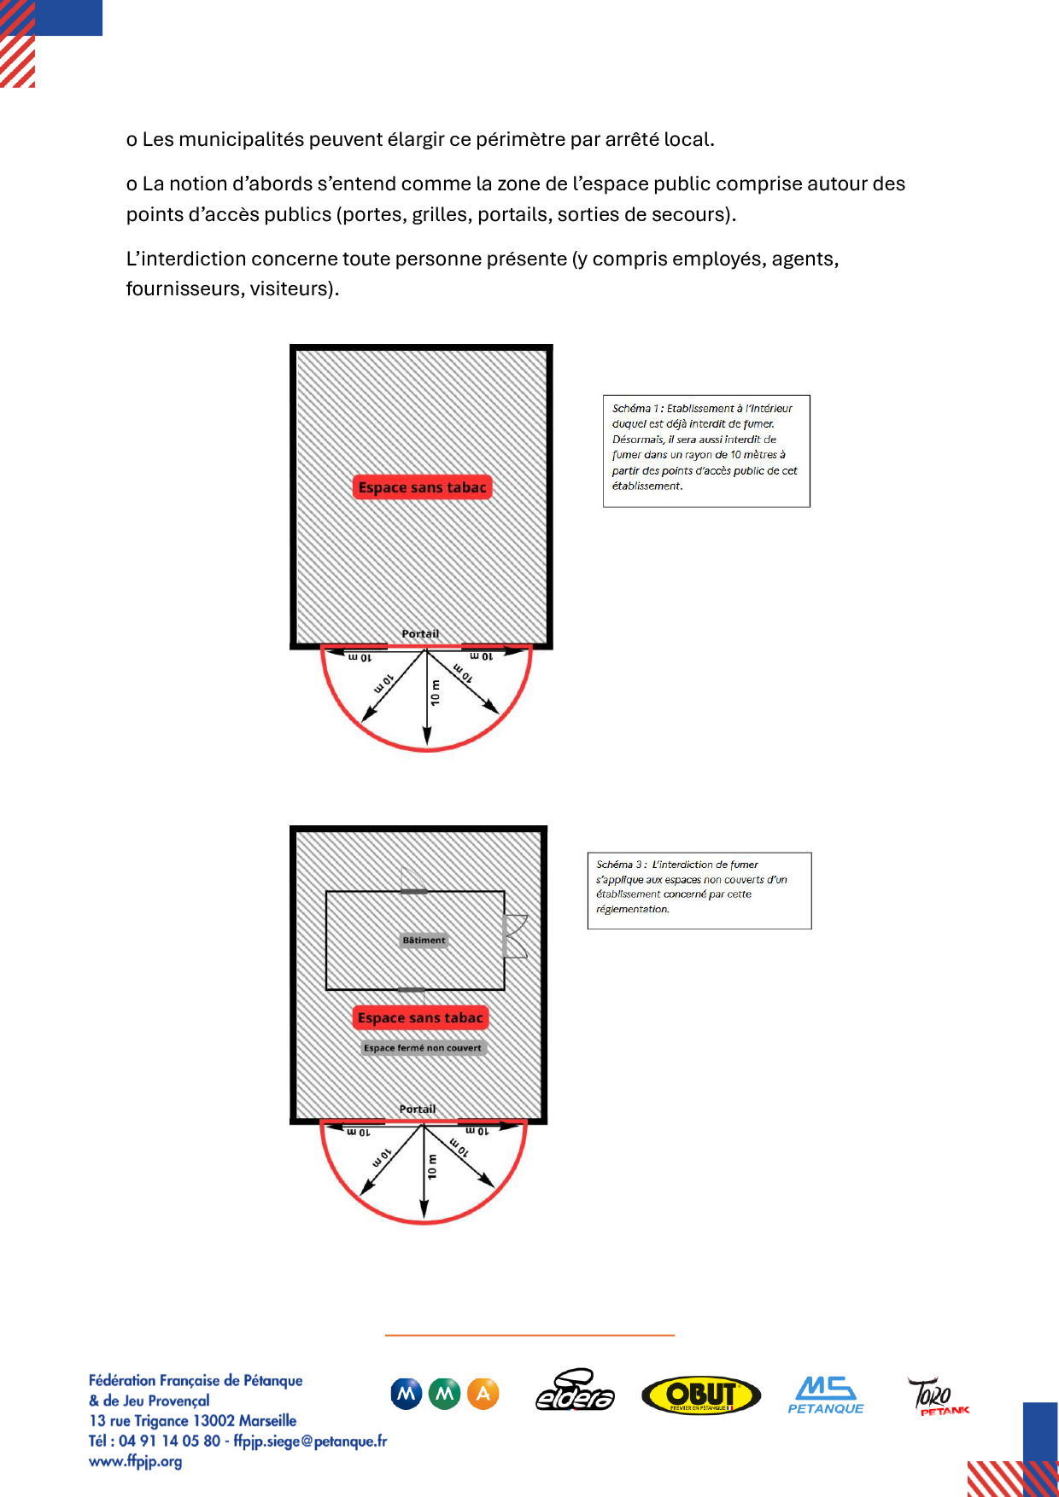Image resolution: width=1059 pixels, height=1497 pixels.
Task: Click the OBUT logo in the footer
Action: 700,1395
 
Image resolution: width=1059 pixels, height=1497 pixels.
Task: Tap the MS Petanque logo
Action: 825,1395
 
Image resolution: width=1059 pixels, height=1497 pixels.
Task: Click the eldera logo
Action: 575,1391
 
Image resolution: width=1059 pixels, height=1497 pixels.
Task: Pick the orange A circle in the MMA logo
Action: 483,1394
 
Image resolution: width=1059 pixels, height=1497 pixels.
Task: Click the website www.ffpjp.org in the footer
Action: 135,1461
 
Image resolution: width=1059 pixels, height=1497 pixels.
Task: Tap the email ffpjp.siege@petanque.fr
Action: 310,1441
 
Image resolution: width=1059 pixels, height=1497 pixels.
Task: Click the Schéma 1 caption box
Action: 706,451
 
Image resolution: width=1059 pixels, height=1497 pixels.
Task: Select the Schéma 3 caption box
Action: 699,890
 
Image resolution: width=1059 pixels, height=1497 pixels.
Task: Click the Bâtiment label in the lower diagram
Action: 424,940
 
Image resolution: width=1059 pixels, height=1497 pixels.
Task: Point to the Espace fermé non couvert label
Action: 423,1048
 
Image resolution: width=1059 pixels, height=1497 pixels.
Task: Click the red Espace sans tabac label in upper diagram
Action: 423,487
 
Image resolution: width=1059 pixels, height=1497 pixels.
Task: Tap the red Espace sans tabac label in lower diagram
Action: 420,1017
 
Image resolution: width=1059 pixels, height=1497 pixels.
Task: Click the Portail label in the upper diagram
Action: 420,633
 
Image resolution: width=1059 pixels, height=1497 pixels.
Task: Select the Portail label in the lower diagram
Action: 418,1109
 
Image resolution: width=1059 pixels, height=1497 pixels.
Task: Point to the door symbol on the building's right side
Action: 516,935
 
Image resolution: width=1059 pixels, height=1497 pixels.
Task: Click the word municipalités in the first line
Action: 241,139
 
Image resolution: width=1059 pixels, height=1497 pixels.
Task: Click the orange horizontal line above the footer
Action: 529,1334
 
